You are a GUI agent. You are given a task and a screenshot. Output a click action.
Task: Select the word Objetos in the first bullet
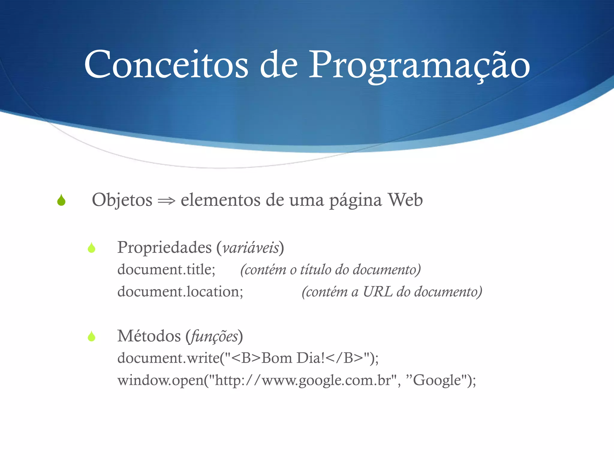tap(122, 200)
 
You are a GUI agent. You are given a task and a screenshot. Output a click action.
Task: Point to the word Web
tap(405, 200)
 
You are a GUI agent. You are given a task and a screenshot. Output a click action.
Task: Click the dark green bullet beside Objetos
tap(61, 200)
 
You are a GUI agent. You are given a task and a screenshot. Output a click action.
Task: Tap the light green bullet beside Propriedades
tap(91, 248)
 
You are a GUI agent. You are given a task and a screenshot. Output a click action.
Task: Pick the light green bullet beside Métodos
tap(91, 336)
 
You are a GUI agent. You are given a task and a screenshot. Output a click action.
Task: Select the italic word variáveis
tap(251, 248)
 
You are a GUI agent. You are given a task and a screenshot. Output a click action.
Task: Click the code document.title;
tap(166, 269)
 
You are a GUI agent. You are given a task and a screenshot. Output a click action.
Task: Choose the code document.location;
tap(180, 291)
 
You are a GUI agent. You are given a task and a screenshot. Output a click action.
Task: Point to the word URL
tap(377, 291)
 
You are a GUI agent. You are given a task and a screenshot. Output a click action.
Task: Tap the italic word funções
tap(214, 336)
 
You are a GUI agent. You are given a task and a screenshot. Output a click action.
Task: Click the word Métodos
tap(149, 336)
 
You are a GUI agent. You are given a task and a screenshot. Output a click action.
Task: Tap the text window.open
tap(160, 380)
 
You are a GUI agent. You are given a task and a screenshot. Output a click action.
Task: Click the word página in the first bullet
tap(356, 200)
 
